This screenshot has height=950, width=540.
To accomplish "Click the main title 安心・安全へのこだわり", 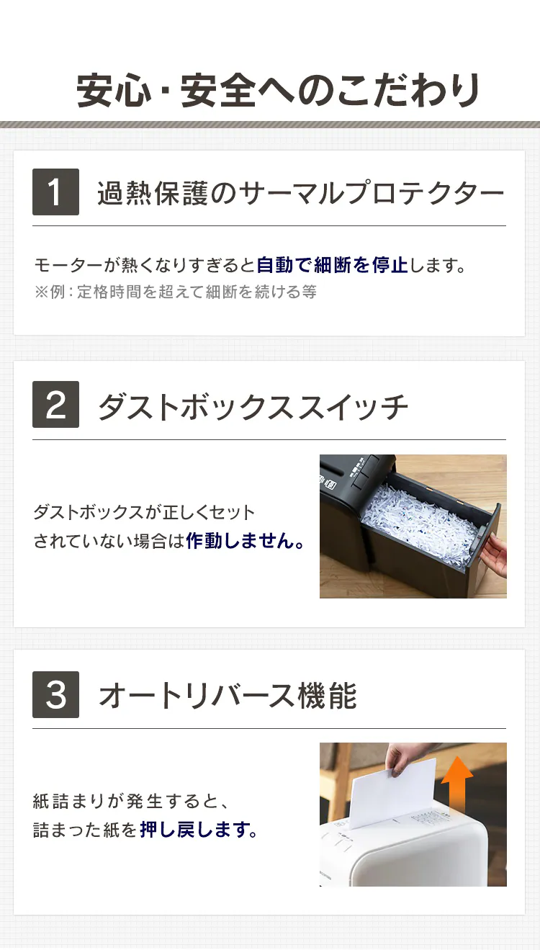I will click(x=278, y=91).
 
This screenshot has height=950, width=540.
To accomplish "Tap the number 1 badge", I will click(x=55, y=192).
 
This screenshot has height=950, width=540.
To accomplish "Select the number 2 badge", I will click(x=55, y=405).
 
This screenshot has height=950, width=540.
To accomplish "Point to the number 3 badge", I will click(x=55, y=694).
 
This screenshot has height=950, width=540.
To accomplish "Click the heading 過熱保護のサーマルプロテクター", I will click(x=300, y=193).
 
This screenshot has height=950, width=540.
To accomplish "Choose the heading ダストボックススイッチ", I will click(x=253, y=407).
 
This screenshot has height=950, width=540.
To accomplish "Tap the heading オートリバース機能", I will click(x=227, y=696).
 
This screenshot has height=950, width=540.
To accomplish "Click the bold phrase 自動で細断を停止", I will click(x=332, y=265).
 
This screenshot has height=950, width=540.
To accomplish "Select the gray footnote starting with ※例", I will click(x=175, y=292).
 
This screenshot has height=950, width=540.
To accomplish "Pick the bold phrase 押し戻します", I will click(x=198, y=830).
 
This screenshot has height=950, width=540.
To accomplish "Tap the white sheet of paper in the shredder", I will click(x=393, y=792).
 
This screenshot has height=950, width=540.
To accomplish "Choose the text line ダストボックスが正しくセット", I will click(x=144, y=512).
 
